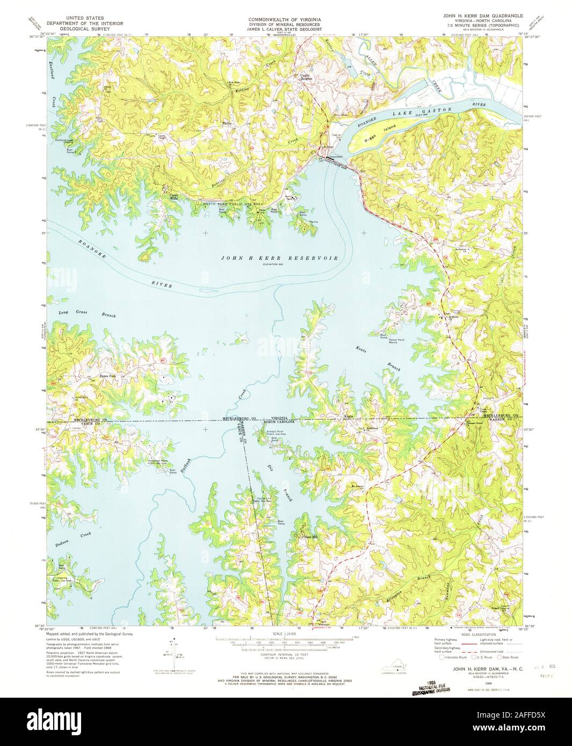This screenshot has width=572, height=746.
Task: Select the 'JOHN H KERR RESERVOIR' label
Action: click(279, 258)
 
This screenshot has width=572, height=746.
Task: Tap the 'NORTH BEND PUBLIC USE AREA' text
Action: click(233, 204)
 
